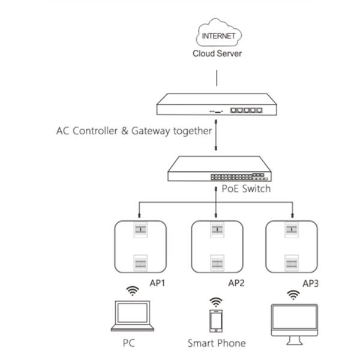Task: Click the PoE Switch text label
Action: pos(247,189)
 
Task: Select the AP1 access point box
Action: pos(140,245)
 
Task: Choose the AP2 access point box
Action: pos(216,245)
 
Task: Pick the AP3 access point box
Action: pos(292,245)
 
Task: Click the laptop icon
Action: pos(133,317)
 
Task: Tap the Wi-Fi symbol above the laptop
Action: pos(132,290)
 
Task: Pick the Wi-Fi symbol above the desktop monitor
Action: pos(294,295)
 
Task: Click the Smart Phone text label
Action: pos(217,344)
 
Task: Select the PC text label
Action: pos(128,344)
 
